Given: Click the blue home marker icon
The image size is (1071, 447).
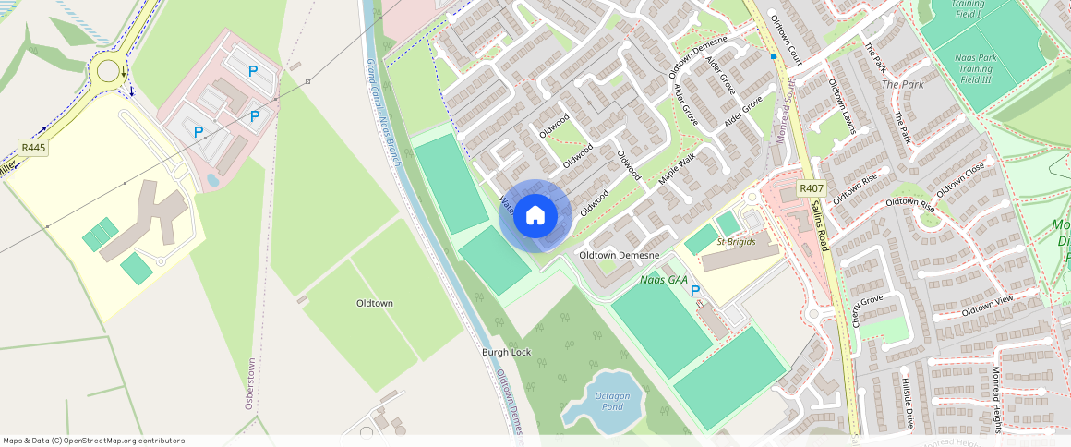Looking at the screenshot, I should tap(535, 215).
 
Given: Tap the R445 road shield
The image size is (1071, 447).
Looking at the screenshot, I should tap(33, 147).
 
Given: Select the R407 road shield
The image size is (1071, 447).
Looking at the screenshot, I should tap(811, 188).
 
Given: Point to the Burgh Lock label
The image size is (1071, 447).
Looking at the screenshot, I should tap(507, 353).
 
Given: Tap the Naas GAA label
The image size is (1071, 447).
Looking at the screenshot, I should tap(664, 279).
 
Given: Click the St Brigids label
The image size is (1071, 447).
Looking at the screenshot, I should tap(736, 242).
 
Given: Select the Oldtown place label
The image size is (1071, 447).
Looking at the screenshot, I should tap(375, 303).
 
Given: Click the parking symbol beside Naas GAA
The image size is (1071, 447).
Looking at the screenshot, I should tap(695, 291).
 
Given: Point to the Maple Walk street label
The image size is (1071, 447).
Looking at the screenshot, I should tap(677, 168).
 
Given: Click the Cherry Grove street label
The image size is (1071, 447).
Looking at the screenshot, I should tap(867, 311).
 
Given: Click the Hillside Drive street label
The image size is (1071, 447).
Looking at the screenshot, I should tap(907, 402).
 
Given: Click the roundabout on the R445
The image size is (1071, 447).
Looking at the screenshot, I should tap(109, 70).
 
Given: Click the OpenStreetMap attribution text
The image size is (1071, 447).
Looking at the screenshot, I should tap(94, 441).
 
